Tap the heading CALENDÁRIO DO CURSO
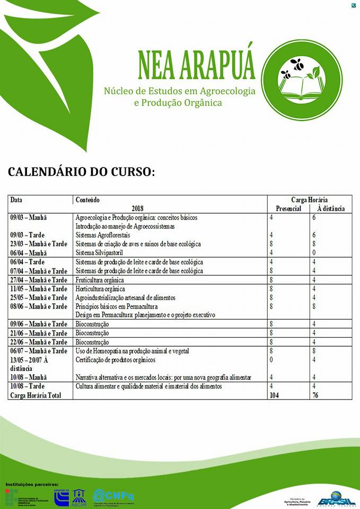pos(81,172)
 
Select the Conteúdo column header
pos(88,200)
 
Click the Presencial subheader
pos(285,208)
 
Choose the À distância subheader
pos(331,208)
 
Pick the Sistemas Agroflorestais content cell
pos(103,235)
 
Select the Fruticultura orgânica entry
pos(100,280)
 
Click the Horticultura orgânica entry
pos(100,289)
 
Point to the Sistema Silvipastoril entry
pos(98,252)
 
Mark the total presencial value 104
pos(274,395)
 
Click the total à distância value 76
pos(315,395)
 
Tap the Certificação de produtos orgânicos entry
pos(116,361)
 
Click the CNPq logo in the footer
pos(113,496)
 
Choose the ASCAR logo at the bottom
pos(79,497)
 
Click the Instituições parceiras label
pos(32,484)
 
